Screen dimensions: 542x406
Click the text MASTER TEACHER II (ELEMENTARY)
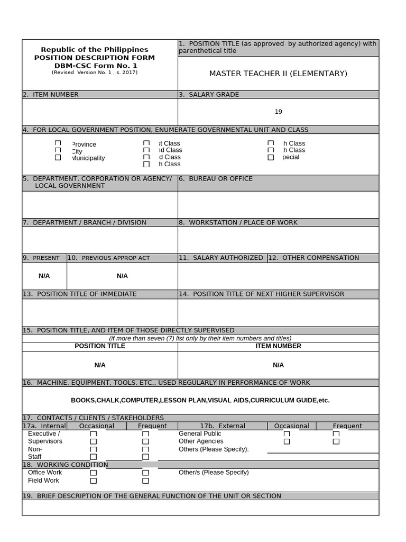coord(278,74)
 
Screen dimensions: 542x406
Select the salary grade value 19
coord(278,112)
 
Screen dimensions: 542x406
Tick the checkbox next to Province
coord(58,143)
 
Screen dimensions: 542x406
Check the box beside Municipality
coord(58,157)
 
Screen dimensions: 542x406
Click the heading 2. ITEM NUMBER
coord(51,95)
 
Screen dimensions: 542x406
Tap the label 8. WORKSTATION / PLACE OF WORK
coord(238,223)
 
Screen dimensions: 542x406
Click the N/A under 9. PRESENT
coord(44,276)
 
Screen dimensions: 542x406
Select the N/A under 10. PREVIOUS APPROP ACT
coord(122,276)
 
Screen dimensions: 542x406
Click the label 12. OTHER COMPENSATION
coord(313,258)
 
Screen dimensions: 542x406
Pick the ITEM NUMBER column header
coord(278,346)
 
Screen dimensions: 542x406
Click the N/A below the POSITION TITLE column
coord(100,365)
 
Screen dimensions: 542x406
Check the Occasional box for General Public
coord(287,434)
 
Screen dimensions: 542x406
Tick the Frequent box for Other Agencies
coord(336,441)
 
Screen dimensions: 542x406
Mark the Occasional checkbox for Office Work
coord(94,473)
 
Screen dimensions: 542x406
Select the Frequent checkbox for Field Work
coord(145,481)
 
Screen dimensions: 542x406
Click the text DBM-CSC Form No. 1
coord(95,66)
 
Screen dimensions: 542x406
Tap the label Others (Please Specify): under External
coord(214,449)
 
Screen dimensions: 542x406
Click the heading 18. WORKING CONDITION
coord(65,465)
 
